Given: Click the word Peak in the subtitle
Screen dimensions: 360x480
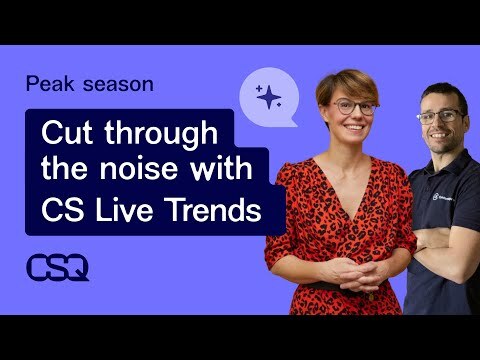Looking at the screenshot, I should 46,84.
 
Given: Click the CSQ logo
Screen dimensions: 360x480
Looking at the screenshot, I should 57,267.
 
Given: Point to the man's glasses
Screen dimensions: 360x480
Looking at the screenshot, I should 440,116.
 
